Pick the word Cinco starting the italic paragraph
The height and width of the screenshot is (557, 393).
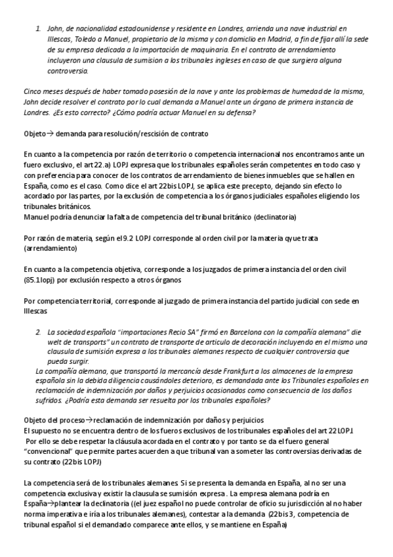pyautogui.click(x=34, y=91)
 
